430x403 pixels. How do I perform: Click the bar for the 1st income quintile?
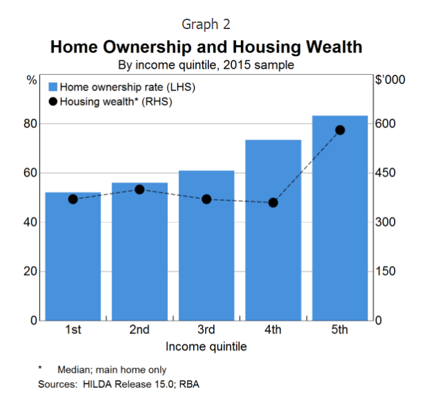(x=73, y=256)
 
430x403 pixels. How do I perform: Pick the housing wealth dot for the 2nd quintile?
(x=139, y=189)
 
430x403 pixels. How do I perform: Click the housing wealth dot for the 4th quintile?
(x=273, y=203)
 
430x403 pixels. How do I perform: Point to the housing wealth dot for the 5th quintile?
(x=340, y=130)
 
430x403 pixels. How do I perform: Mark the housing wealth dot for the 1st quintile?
(x=73, y=199)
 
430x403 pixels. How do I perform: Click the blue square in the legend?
(x=53, y=87)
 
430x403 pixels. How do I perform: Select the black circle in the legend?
(x=53, y=101)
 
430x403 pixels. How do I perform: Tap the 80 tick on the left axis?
(x=30, y=124)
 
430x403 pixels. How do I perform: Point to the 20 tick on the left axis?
(x=30, y=271)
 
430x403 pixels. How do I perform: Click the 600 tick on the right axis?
(x=386, y=124)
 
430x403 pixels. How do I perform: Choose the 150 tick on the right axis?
(x=386, y=271)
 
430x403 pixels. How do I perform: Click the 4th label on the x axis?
(x=273, y=330)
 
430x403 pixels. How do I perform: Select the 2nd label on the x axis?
(x=139, y=330)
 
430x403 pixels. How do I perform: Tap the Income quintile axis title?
(x=206, y=345)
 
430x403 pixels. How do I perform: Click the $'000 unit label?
(x=390, y=80)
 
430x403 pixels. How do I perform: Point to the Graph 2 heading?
(x=206, y=24)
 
